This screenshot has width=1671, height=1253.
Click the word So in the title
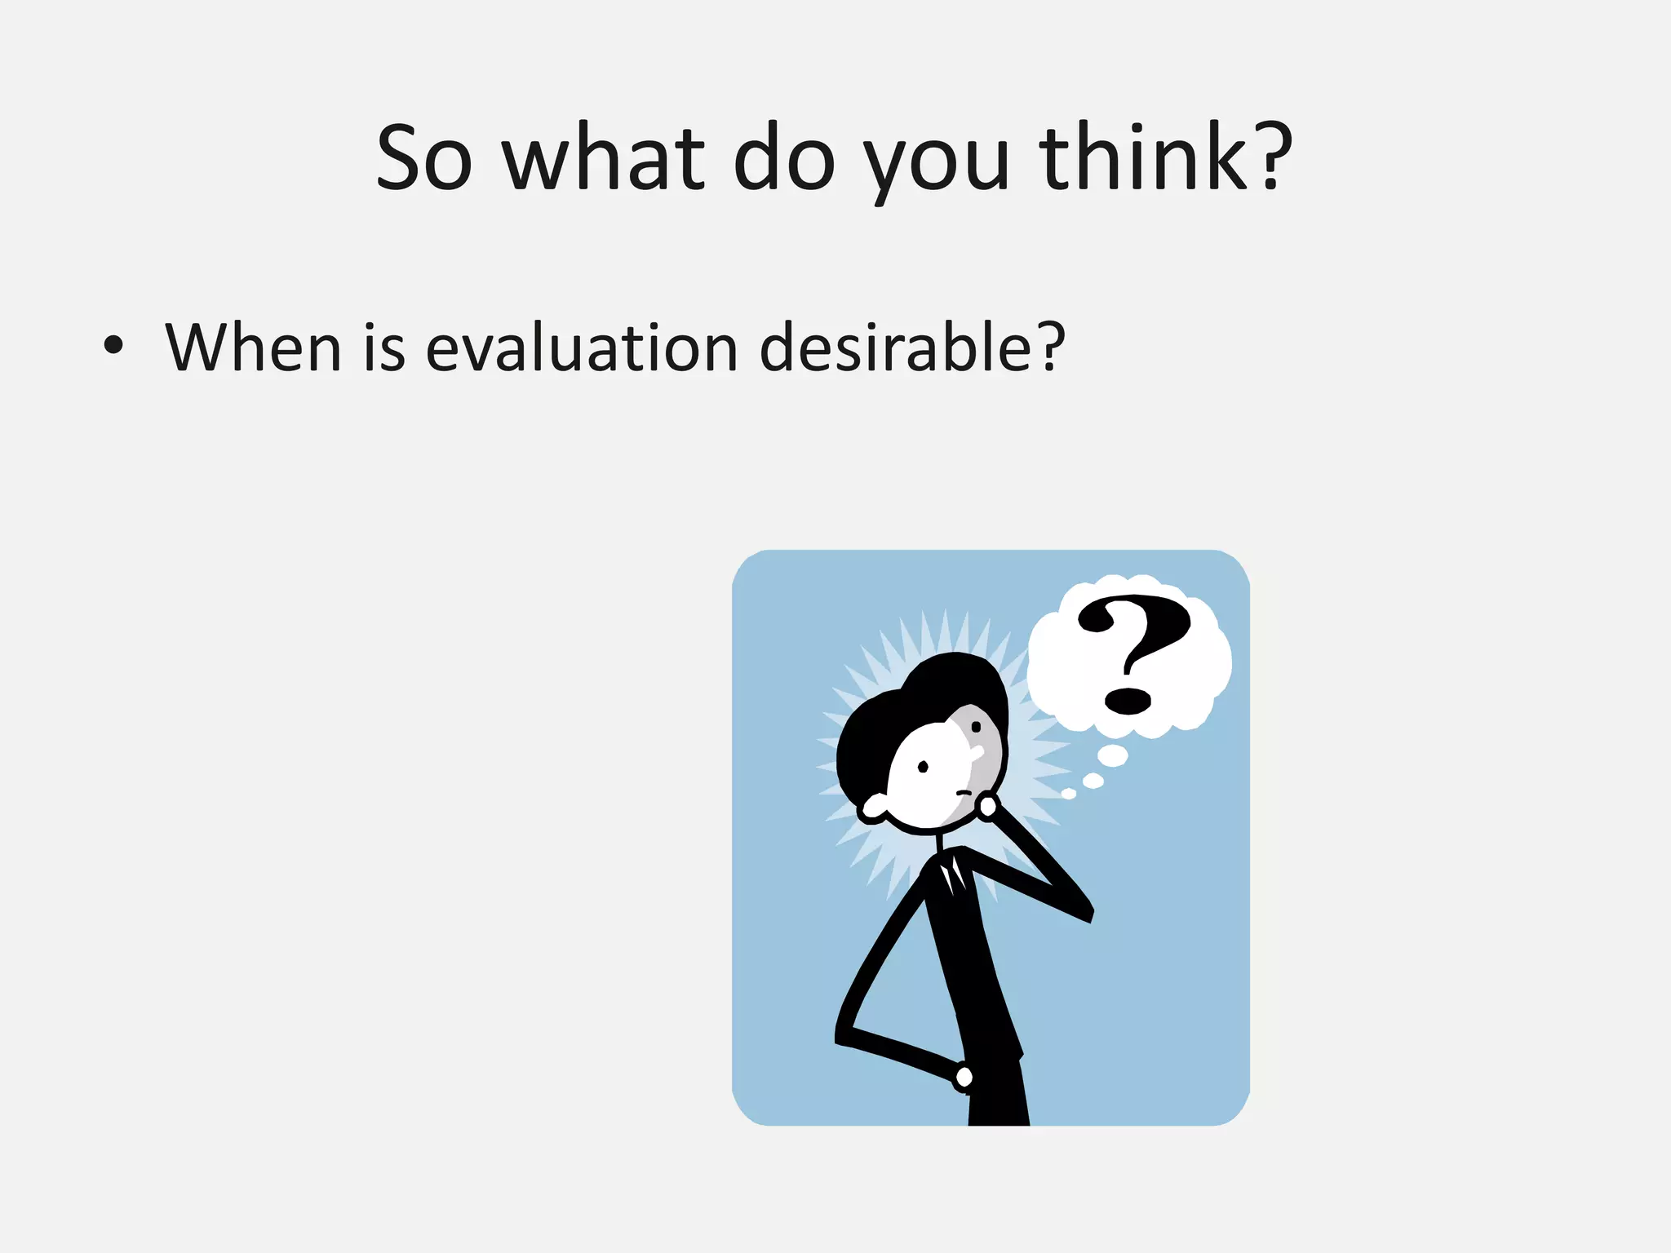pyautogui.click(x=423, y=158)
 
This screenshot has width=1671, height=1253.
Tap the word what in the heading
pyautogui.click(x=603, y=158)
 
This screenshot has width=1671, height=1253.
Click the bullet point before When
pyautogui.click(x=113, y=346)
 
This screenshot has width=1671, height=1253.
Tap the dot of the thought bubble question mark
pyautogui.click(x=1127, y=700)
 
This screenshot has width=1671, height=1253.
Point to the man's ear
pyautogui.click(x=873, y=808)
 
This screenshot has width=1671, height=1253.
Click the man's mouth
pyautogui.click(x=963, y=792)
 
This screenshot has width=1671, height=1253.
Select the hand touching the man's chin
pyautogui.click(x=988, y=806)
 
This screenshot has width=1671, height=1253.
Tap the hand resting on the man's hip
pyautogui.click(x=964, y=1078)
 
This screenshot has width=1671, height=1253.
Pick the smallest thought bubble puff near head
pyautogui.click(x=1068, y=794)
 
